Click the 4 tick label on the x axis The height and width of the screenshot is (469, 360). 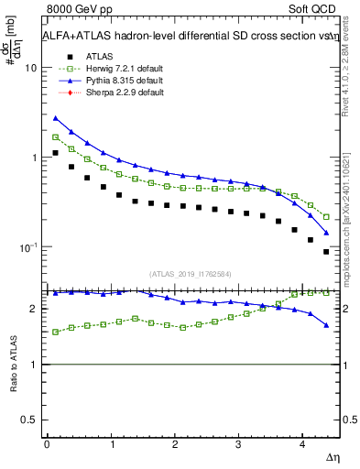302,444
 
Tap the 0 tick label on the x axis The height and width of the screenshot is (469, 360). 47,444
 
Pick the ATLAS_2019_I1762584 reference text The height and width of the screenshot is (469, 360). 191,273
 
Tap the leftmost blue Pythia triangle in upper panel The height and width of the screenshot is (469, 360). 56,118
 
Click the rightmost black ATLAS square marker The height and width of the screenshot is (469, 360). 326,252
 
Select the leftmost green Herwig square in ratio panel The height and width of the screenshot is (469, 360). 56,332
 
